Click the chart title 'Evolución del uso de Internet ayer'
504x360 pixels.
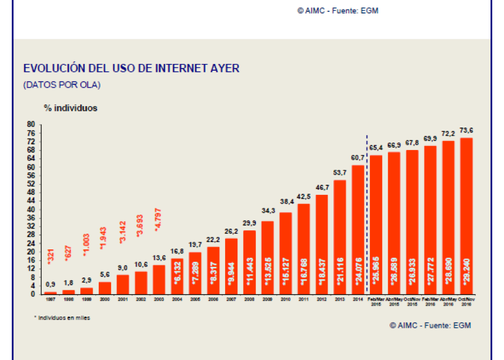[x=131, y=69]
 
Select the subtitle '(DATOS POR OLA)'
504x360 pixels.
[x=62, y=85]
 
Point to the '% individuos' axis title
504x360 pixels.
[x=71, y=108]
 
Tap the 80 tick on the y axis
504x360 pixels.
[x=31, y=125]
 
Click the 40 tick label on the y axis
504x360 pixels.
[x=31, y=209]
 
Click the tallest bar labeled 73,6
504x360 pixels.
[x=466, y=216]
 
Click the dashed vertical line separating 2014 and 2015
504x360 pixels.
[x=367, y=213]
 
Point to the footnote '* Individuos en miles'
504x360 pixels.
[x=62, y=318]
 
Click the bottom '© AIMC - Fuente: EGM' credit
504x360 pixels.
[x=430, y=326]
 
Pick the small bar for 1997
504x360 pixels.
[x=51, y=293]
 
